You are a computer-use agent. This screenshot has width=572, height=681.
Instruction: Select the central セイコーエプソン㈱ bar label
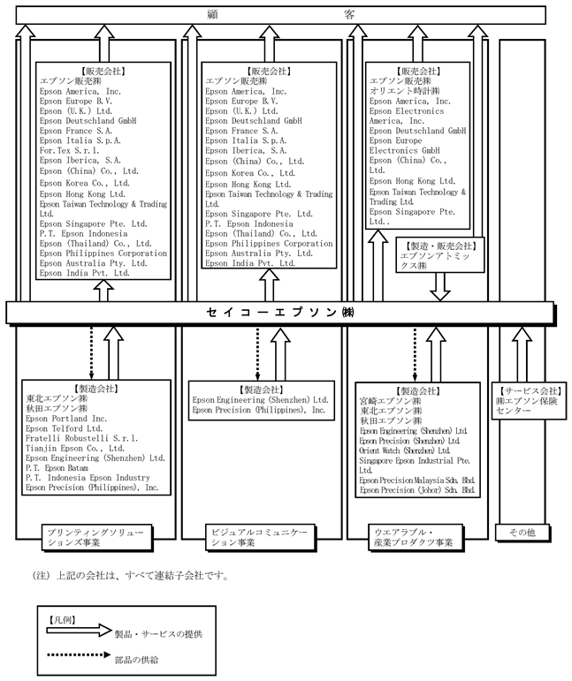click(x=278, y=313)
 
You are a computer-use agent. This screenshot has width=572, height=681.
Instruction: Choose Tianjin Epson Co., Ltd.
click(x=74, y=448)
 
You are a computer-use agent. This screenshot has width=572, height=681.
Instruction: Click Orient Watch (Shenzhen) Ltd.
click(x=407, y=450)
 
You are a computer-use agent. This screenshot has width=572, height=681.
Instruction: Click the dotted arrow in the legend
click(x=75, y=657)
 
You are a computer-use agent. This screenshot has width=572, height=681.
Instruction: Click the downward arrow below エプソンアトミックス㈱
click(x=439, y=286)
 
